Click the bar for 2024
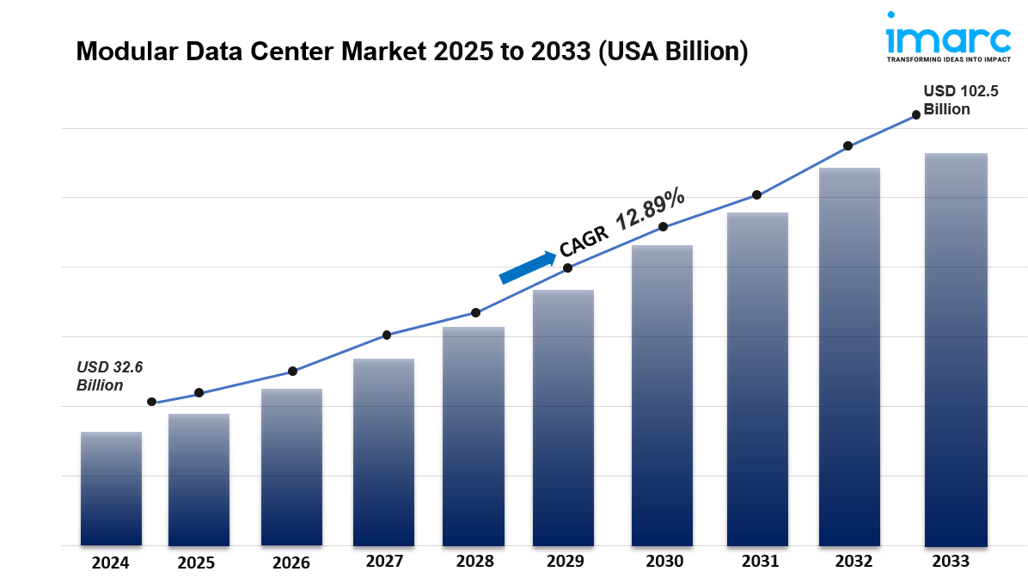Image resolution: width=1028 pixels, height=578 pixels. point(111,488)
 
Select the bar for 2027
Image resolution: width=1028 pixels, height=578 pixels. point(383,452)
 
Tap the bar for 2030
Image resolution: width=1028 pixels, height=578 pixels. point(662,395)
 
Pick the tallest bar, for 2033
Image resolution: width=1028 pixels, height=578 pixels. point(955,348)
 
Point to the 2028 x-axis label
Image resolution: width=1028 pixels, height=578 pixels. point(474,562)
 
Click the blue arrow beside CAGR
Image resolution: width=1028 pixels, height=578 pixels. point(528,267)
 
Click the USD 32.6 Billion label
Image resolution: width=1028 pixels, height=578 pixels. point(109,376)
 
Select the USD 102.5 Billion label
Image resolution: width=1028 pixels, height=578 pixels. point(960,100)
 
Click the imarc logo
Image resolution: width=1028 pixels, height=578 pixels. point(947,39)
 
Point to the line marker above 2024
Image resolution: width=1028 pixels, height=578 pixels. point(152,402)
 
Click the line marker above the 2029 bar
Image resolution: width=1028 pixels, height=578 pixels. point(568,268)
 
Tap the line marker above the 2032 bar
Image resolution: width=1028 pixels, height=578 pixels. point(847,145)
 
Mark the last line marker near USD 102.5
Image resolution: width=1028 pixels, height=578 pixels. point(916,114)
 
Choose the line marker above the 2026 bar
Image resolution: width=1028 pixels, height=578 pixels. point(292,372)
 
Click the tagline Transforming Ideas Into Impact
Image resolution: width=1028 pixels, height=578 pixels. point(947,59)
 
